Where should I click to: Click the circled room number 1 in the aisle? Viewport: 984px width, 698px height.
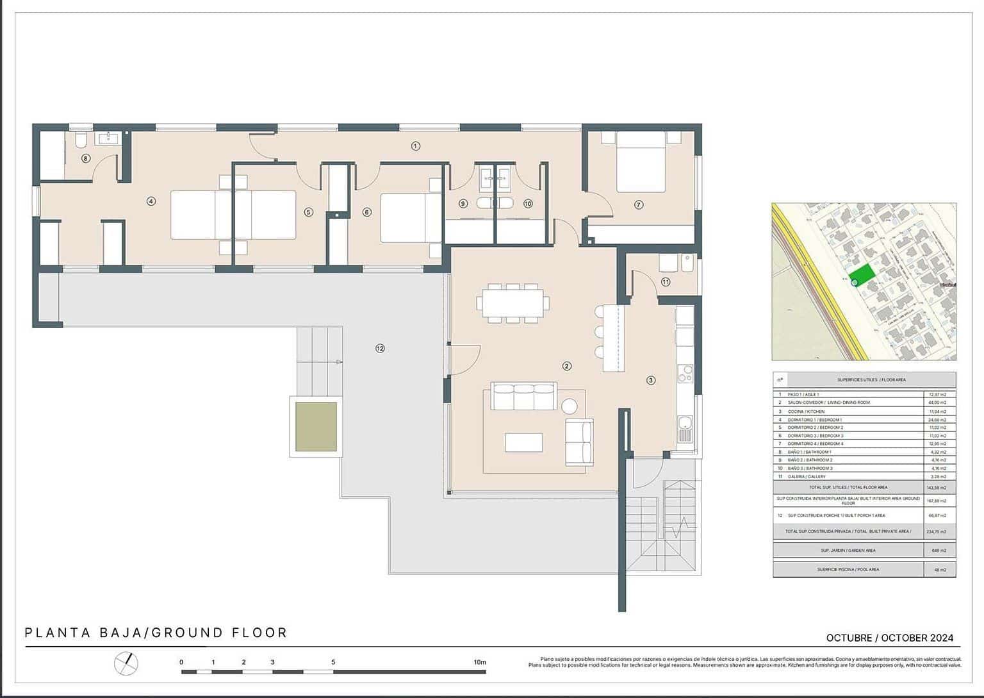(415, 146)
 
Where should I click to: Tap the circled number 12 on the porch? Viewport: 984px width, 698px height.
(380, 348)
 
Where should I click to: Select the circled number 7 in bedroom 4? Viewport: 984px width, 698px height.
(638, 204)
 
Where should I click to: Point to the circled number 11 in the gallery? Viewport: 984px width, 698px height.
(666, 281)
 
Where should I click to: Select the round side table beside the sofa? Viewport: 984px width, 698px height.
(569, 406)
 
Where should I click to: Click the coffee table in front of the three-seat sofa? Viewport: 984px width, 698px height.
(524, 442)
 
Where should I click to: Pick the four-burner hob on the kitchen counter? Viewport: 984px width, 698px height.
(685, 374)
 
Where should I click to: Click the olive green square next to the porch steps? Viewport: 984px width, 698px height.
(316, 427)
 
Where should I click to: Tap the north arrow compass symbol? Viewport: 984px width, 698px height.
(126, 663)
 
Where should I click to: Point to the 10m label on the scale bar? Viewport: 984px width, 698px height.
(479, 662)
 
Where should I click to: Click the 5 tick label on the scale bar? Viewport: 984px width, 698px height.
(333, 662)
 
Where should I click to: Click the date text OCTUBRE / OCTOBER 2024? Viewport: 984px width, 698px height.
(889, 638)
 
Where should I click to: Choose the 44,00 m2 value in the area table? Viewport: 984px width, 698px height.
(937, 403)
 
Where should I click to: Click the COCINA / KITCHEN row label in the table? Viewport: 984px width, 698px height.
(806, 411)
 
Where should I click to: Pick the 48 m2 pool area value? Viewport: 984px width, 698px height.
(939, 569)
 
